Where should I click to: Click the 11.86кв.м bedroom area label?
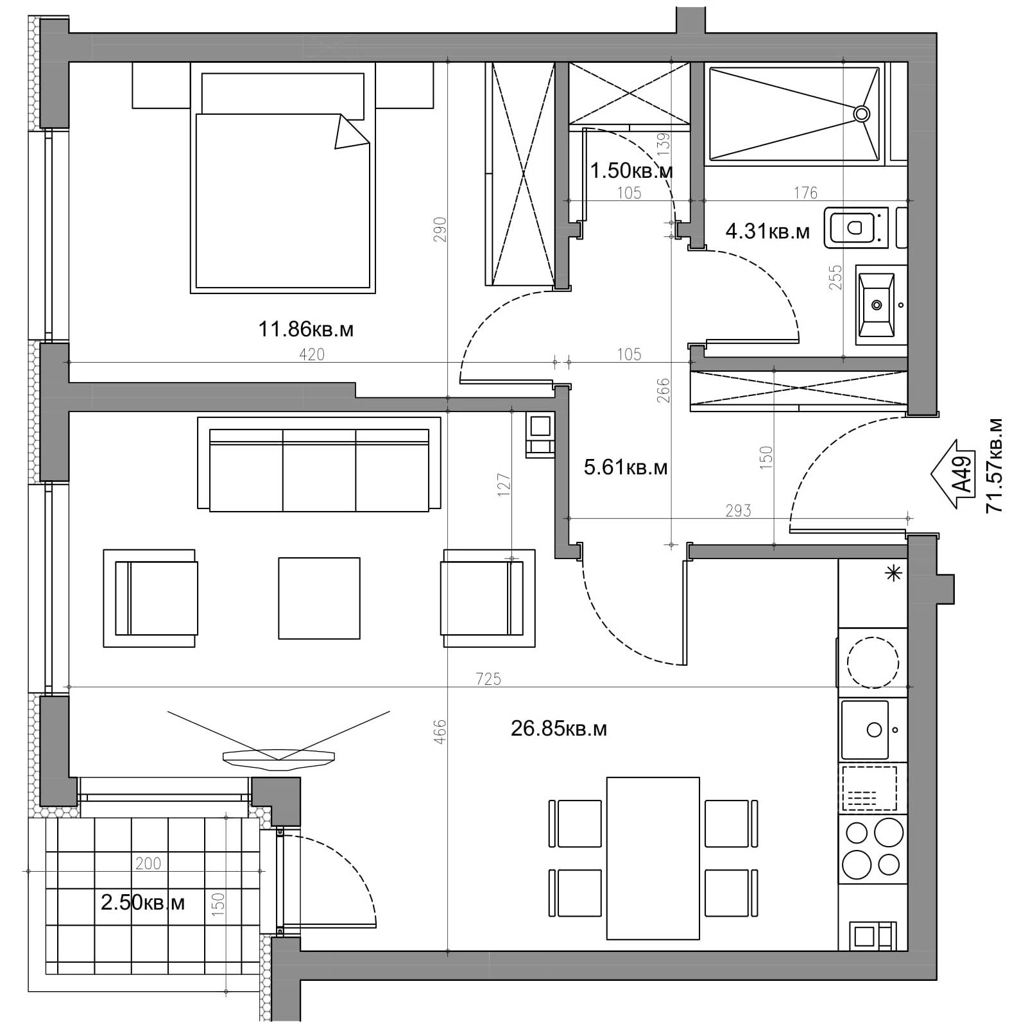pos(305,330)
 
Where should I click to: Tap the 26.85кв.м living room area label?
pos(558,729)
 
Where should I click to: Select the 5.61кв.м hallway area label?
pos(626,467)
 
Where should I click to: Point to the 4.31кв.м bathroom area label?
pos(767,231)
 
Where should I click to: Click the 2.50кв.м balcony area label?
pos(142,903)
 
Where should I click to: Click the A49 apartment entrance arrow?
pos(954,474)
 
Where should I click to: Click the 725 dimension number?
pos(488,679)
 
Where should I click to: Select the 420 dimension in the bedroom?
pos(312,354)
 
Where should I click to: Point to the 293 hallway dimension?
pos(738,510)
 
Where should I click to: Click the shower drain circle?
pos(861,114)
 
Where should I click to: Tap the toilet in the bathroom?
pos(858,227)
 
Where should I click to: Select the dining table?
pos(653,858)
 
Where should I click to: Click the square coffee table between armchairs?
pos(319,598)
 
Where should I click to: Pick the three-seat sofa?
pos(319,464)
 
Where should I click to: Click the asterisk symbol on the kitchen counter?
pos(892,573)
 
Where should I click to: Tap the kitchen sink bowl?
pos(865,729)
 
